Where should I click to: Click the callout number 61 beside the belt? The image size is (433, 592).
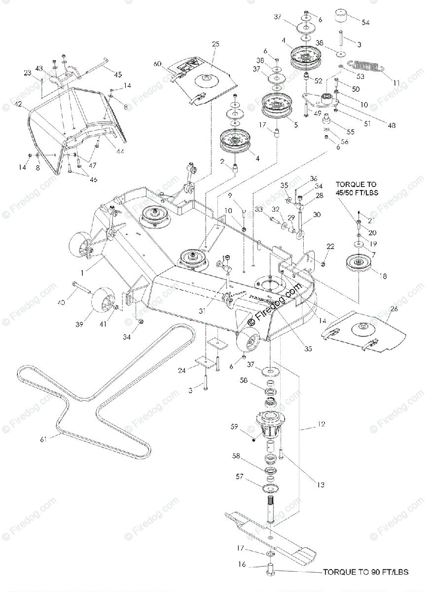[x=43, y=439]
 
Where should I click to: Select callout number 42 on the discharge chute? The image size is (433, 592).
[x=18, y=105]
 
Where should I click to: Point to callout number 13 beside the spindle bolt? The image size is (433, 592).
[x=307, y=485]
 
